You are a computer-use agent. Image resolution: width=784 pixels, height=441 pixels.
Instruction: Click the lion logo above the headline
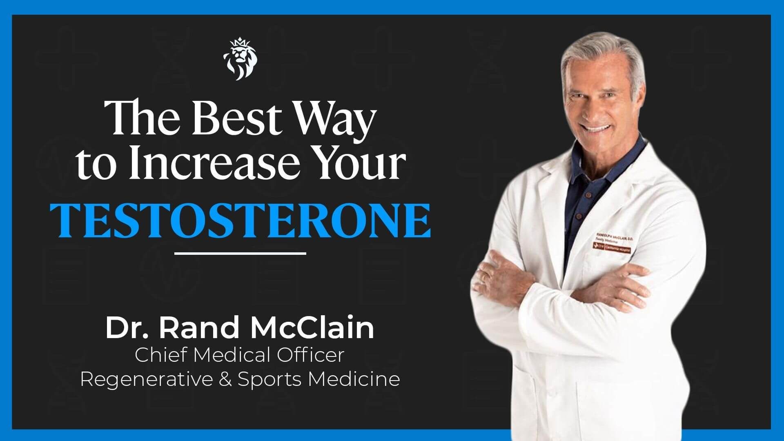click(x=241, y=58)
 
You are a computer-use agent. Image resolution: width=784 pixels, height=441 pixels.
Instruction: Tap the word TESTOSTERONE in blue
click(x=240, y=220)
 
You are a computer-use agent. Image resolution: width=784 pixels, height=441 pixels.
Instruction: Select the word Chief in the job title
click(x=161, y=355)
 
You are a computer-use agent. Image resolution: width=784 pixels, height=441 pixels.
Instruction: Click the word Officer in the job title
click(x=310, y=355)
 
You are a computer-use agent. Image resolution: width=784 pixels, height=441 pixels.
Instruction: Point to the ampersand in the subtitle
click(x=225, y=379)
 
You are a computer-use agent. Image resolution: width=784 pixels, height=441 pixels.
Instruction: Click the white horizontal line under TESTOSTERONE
click(x=240, y=254)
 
